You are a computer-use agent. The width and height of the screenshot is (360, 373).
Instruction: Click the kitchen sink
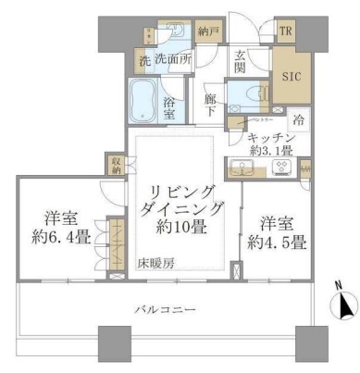[244, 168]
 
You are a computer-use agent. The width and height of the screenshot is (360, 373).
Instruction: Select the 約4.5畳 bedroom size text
[278, 242]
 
